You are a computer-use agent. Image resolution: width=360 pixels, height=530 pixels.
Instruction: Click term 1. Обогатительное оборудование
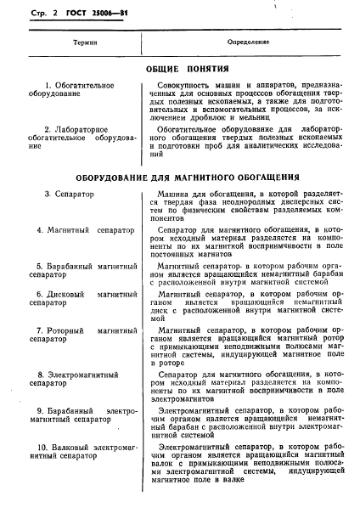(x=76, y=91)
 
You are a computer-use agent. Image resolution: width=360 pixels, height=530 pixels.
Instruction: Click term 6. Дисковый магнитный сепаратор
(x=82, y=298)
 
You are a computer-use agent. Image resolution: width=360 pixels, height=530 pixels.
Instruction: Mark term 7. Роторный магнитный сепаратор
(x=82, y=334)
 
